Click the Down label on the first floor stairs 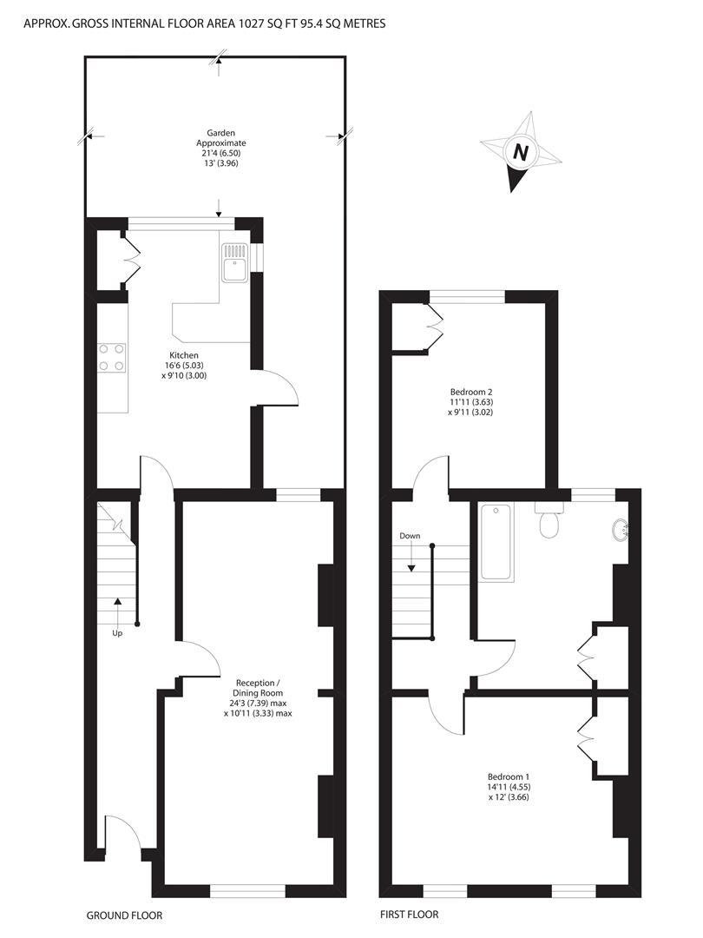[410, 536]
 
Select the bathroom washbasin [622, 529]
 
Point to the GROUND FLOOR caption [124, 915]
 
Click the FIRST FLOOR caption [409, 915]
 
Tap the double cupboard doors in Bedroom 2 [435, 327]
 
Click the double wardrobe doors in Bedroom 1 [586, 739]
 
